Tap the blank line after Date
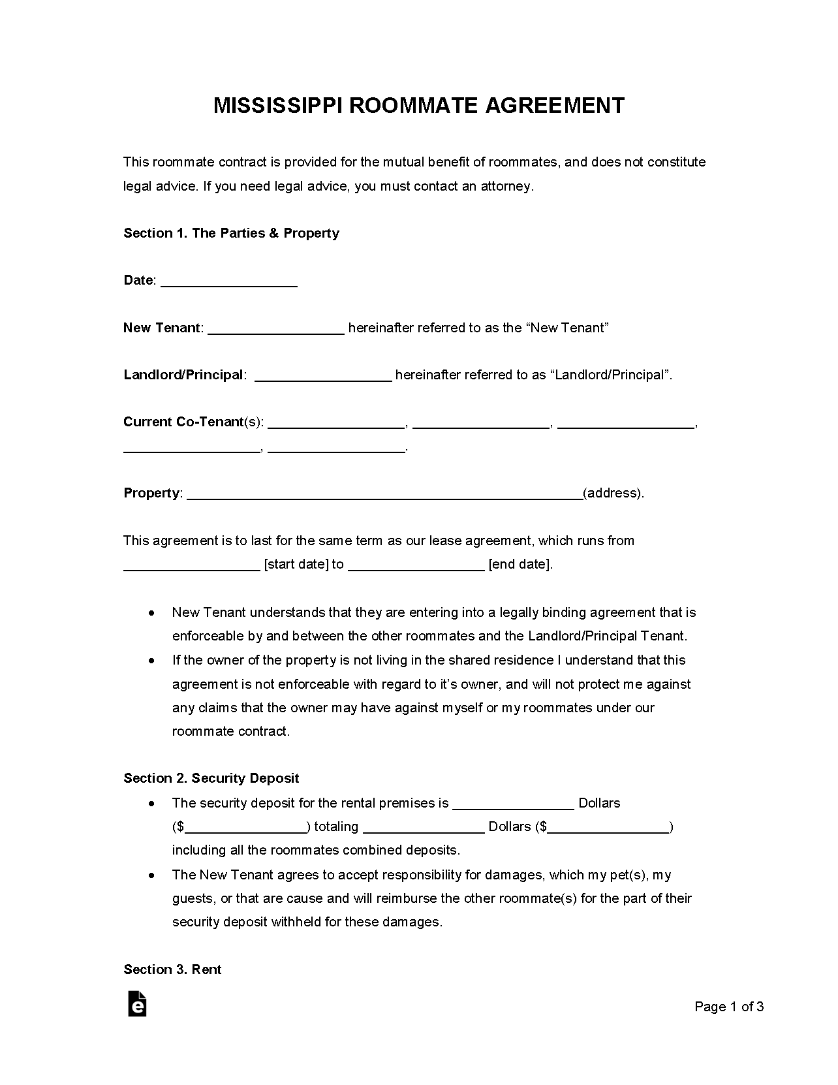pyautogui.click(x=228, y=281)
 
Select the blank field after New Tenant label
pyautogui.click(x=275, y=328)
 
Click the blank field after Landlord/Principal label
pyautogui.click(x=322, y=375)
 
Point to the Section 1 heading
pyautogui.click(x=231, y=233)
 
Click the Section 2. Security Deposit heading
pyautogui.click(x=211, y=778)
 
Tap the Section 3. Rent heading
pyautogui.click(x=172, y=969)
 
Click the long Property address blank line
pyautogui.click(x=385, y=494)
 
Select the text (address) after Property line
pyautogui.click(x=613, y=494)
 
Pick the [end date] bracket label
pyautogui.click(x=520, y=565)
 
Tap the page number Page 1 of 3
pyautogui.click(x=729, y=1007)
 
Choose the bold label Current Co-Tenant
pyautogui.click(x=183, y=422)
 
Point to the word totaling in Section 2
pyautogui.click(x=336, y=827)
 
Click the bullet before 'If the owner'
pyautogui.click(x=151, y=661)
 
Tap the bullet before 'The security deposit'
pyautogui.click(x=151, y=804)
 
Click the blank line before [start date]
pyautogui.click(x=191, y=565)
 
